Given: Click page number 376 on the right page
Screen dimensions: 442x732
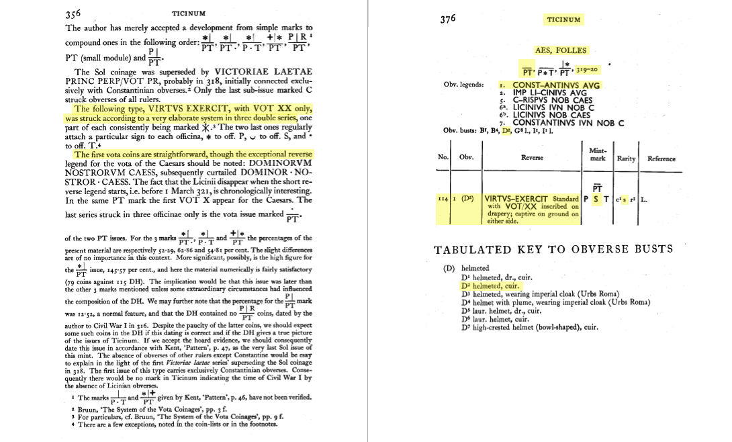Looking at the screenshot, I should (448, 19).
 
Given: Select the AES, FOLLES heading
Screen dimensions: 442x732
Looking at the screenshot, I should (561, 50).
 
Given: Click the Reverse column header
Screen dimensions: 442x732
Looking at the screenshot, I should (532, 159).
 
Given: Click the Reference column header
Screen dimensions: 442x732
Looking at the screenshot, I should (661, 159).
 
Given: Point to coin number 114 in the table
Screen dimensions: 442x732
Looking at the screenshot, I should (442, 199).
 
